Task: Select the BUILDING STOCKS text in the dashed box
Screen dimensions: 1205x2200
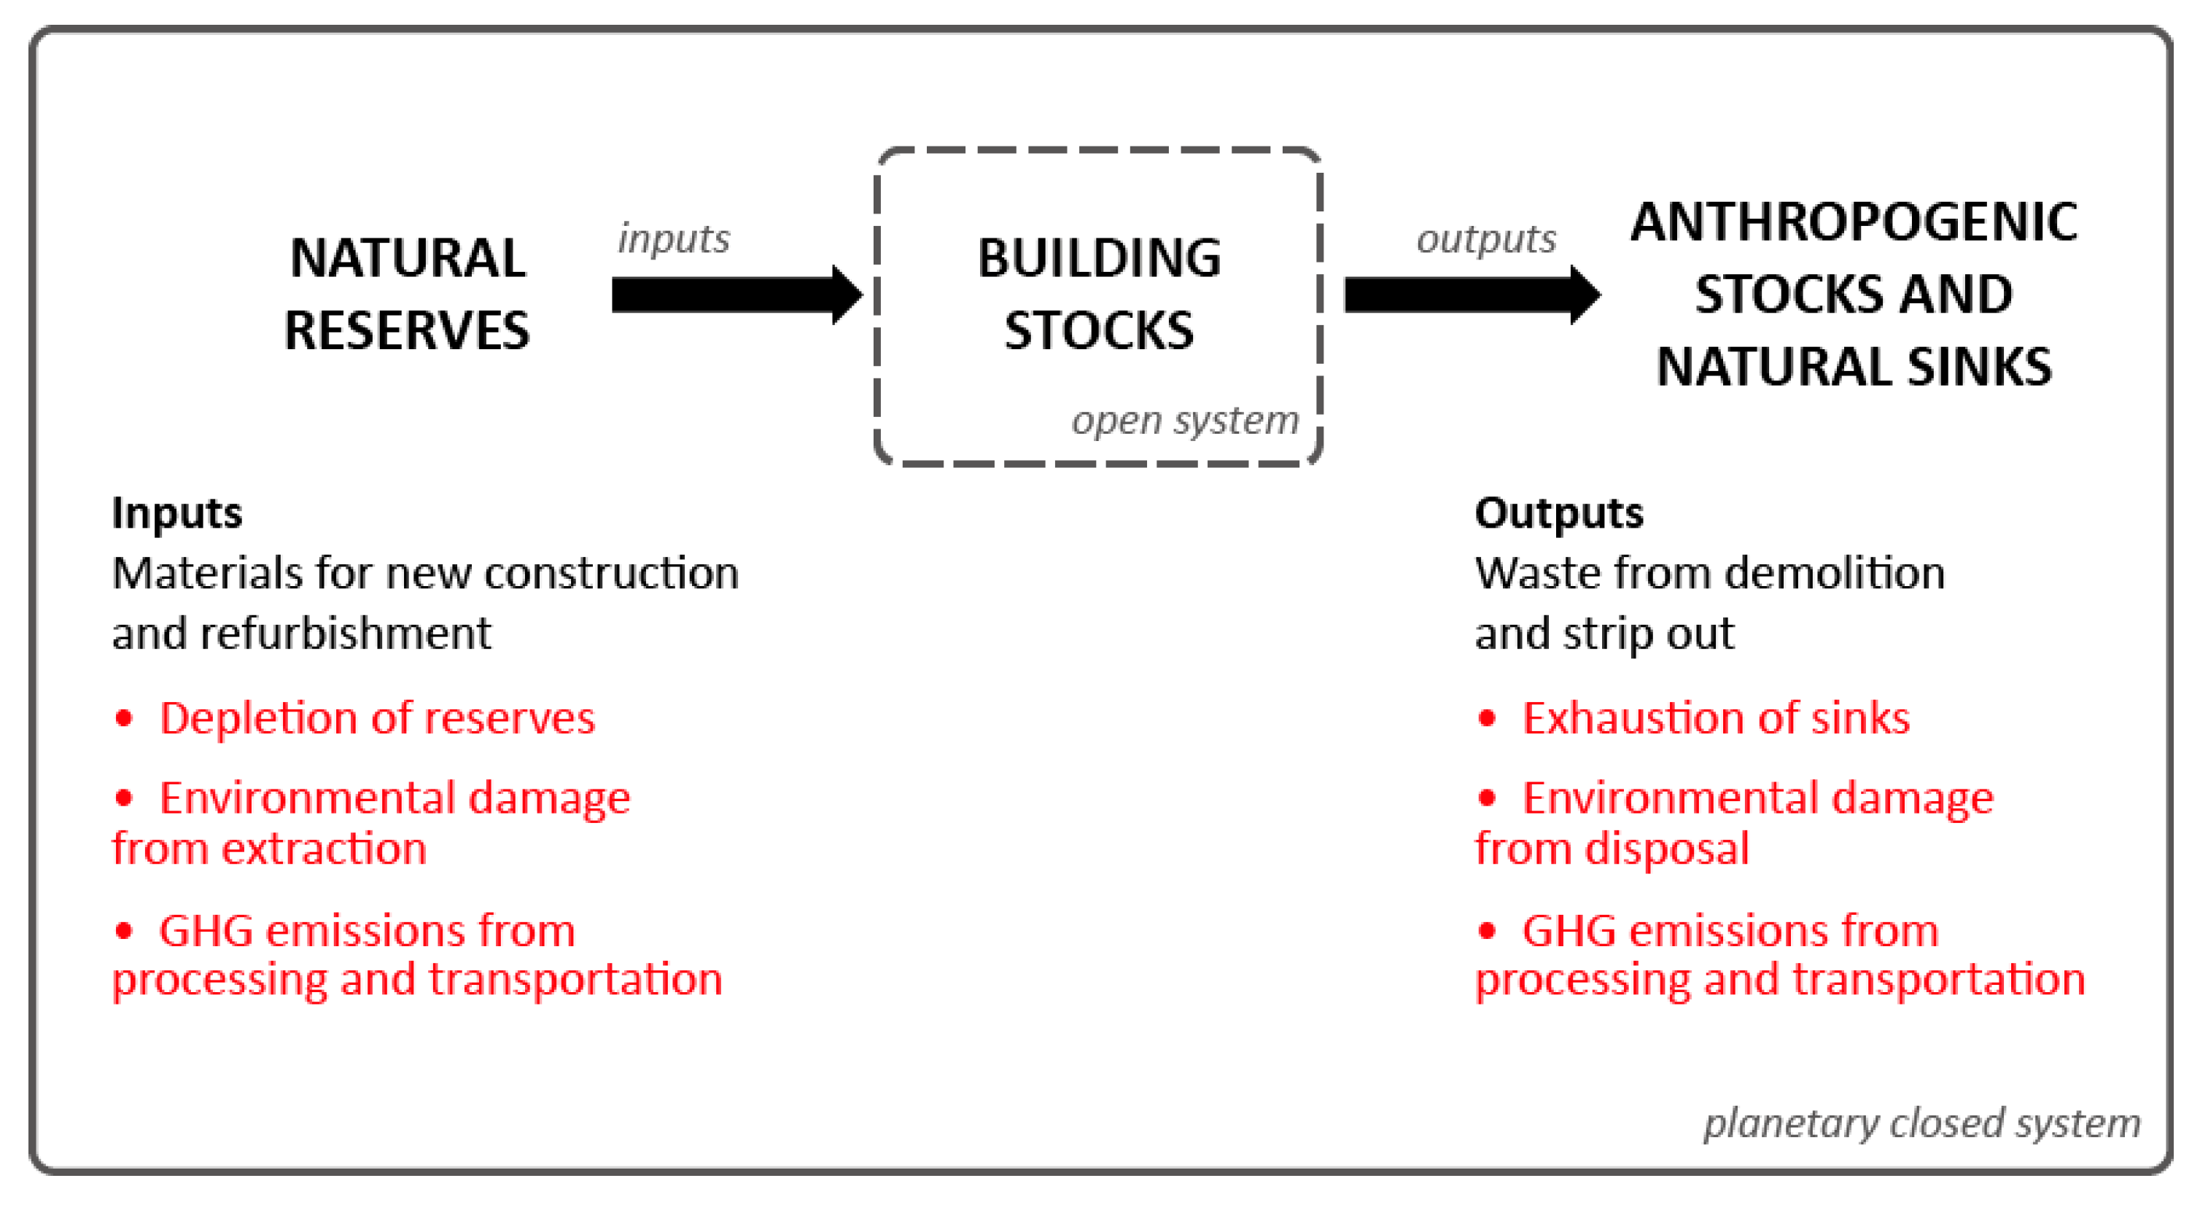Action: tap(1099, 293)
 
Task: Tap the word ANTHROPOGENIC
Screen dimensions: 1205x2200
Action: tap(1853, 222)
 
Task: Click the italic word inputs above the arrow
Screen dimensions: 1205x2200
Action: tap(674, 238)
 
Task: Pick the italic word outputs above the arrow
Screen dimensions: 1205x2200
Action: tap(1486, 239)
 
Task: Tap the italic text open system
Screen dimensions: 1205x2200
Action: tap(1186, 420)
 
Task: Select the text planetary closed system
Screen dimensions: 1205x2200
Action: tap(1921, 1123)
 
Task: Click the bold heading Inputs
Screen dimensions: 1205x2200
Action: tap(176, 513)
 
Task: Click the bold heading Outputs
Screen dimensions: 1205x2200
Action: tap(1558, 513)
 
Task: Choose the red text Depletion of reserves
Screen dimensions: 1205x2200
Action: tap(376, 718)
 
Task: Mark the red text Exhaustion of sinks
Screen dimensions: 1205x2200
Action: tap(1716, 718)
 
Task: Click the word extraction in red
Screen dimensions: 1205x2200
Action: tap(324, 850)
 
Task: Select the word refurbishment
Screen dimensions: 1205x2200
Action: tap(345, 633)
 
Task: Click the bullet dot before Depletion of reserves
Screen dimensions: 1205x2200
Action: tap(124, 718)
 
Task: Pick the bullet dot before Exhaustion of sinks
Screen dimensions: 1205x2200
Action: tap(1487, 718)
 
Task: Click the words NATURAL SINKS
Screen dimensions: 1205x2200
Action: tap(1853, 367)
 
